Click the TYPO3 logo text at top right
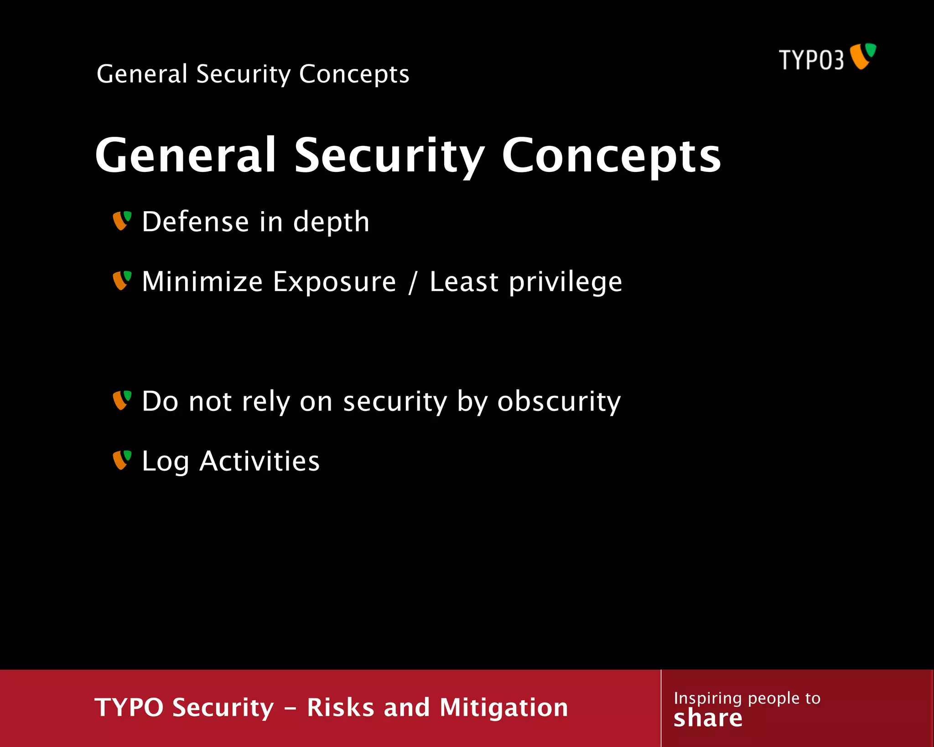[811, 60]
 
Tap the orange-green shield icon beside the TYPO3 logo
[863, 56]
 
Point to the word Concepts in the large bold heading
[611, 156]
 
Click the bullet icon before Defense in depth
[122, 221]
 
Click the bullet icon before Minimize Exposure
[122, 280]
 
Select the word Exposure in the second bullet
[334, 282]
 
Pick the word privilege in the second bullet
[565, 282]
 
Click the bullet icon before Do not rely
[122, 400]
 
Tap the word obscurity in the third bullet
[559, 401]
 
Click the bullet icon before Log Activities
[122, 460]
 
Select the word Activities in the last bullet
[259, 461]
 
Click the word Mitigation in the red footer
[503, 707]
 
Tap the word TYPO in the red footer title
[129, 707]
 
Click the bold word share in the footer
[708, 718]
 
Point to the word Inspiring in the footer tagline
[707, 698]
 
